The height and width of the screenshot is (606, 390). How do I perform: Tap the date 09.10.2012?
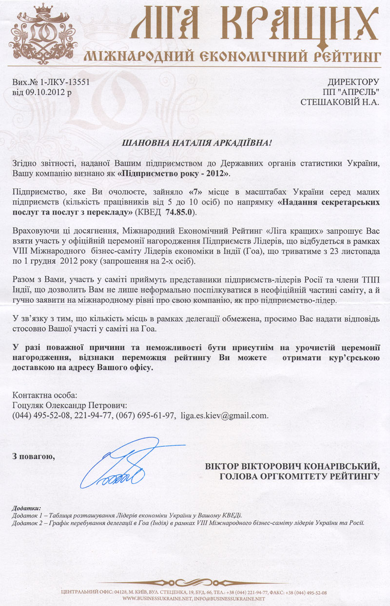[x=42, y=92]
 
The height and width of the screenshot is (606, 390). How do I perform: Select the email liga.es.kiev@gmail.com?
[x=224, y=416]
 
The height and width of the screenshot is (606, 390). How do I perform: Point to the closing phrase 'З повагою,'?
[x=33, y=456]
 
